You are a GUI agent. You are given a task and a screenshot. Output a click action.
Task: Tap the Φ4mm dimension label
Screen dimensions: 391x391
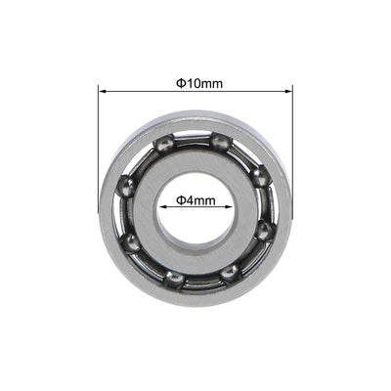(195, 201)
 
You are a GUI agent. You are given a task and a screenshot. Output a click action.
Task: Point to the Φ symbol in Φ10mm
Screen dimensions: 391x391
(180, 83)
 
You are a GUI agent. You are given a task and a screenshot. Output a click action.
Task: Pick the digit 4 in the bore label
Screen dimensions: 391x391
(192, 201)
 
